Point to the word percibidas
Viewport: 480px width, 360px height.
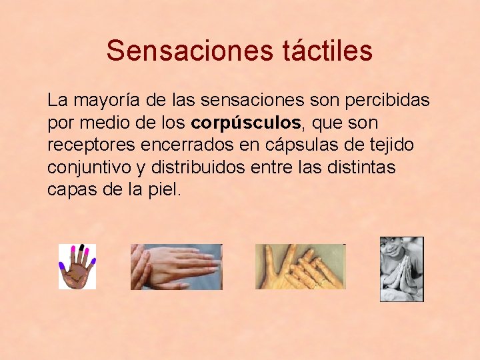pos(386,101)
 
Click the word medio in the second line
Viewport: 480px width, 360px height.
pos(101,123)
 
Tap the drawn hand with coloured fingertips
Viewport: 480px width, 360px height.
pos(77,267)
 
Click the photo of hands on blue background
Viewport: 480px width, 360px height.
pos(176,267)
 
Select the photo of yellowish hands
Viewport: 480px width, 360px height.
pos(300,267)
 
